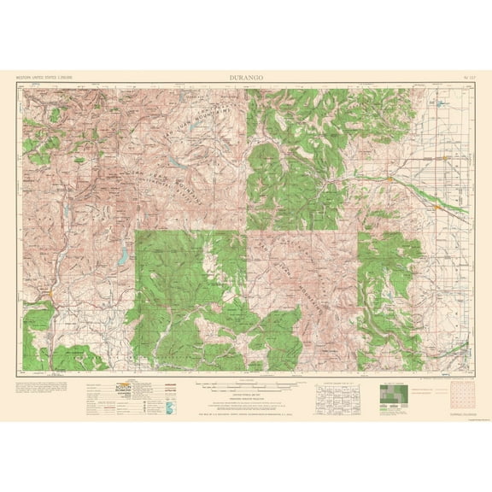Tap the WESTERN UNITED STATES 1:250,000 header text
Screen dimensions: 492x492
[x=44, y=77]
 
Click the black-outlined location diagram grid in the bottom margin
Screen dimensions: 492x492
[x=339, y=394]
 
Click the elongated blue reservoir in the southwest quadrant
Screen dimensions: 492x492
[x=125, y=255]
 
